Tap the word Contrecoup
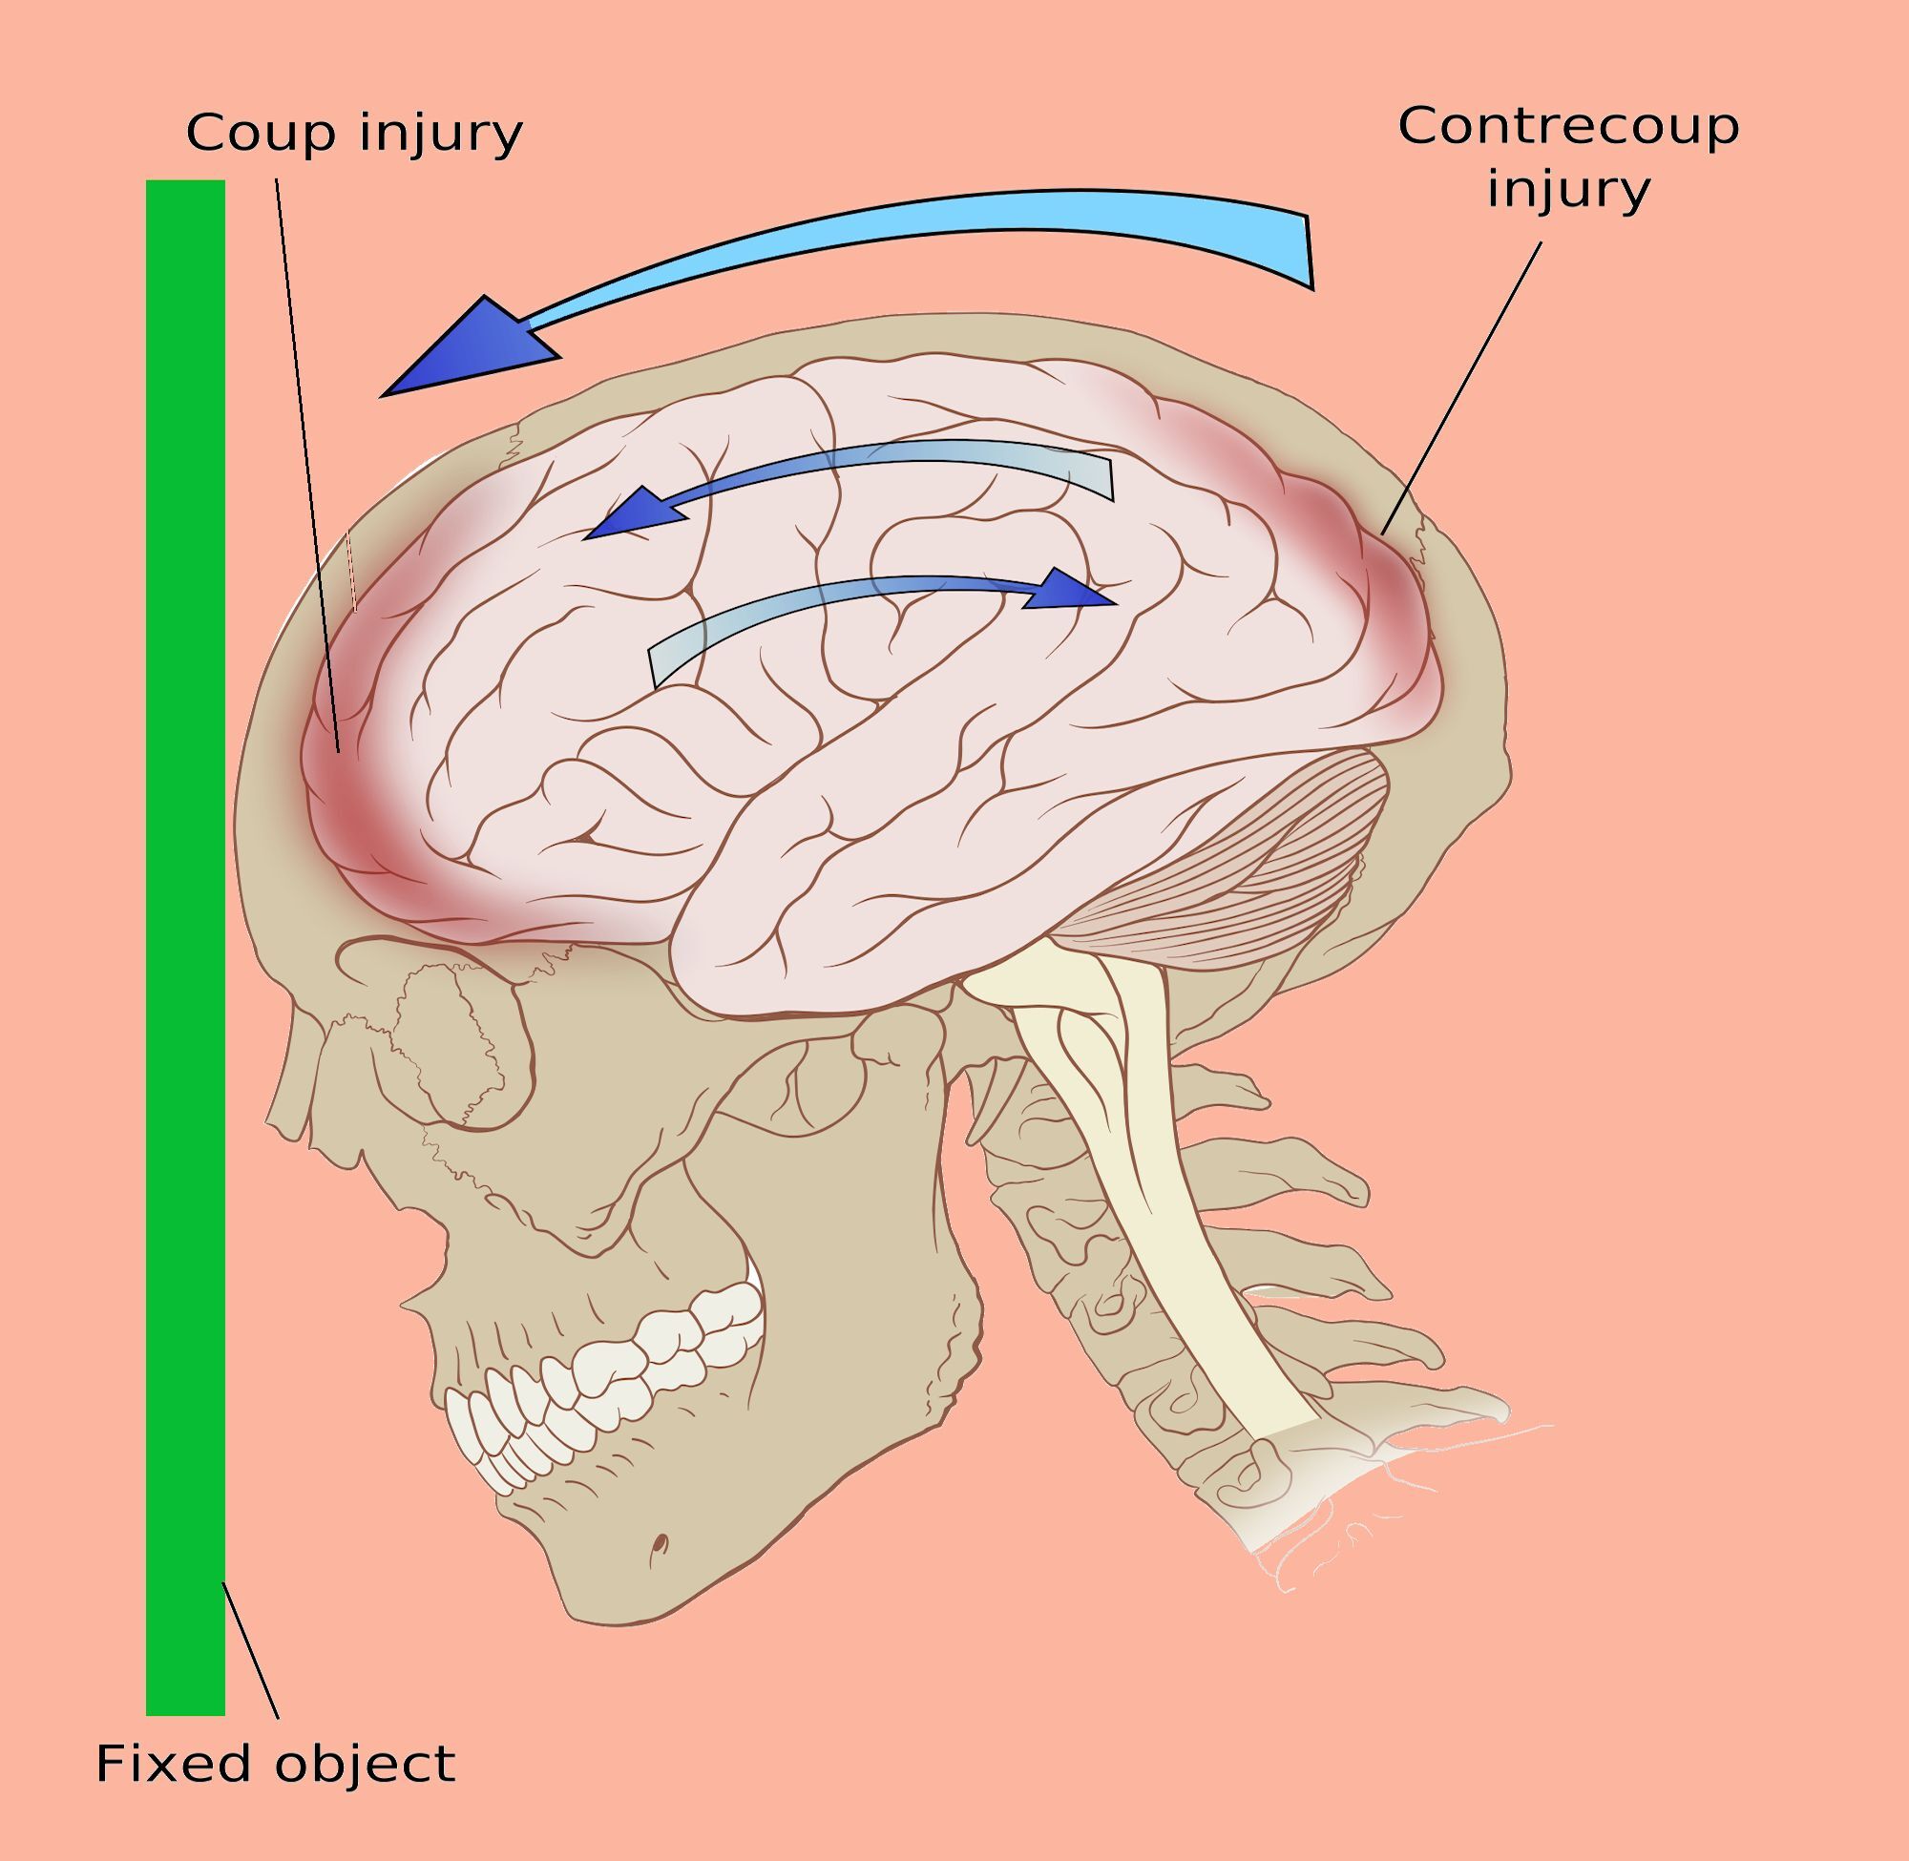click(x=1568, y=127)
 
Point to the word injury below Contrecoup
click(x=1568, y=191)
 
